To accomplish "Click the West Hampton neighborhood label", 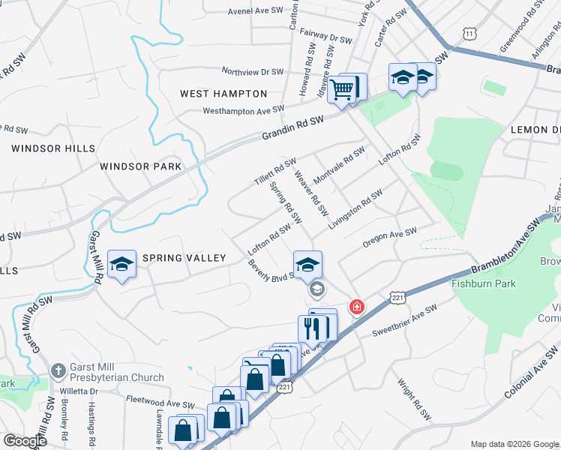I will [x=223, y=94].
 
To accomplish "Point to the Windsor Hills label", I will [x=48, y=148].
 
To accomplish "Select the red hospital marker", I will [x=357, y=307].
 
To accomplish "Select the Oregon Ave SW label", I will [x=388, y=238].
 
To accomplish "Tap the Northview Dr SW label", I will [x=252, y=71].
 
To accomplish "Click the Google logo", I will [x=25, y=440].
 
